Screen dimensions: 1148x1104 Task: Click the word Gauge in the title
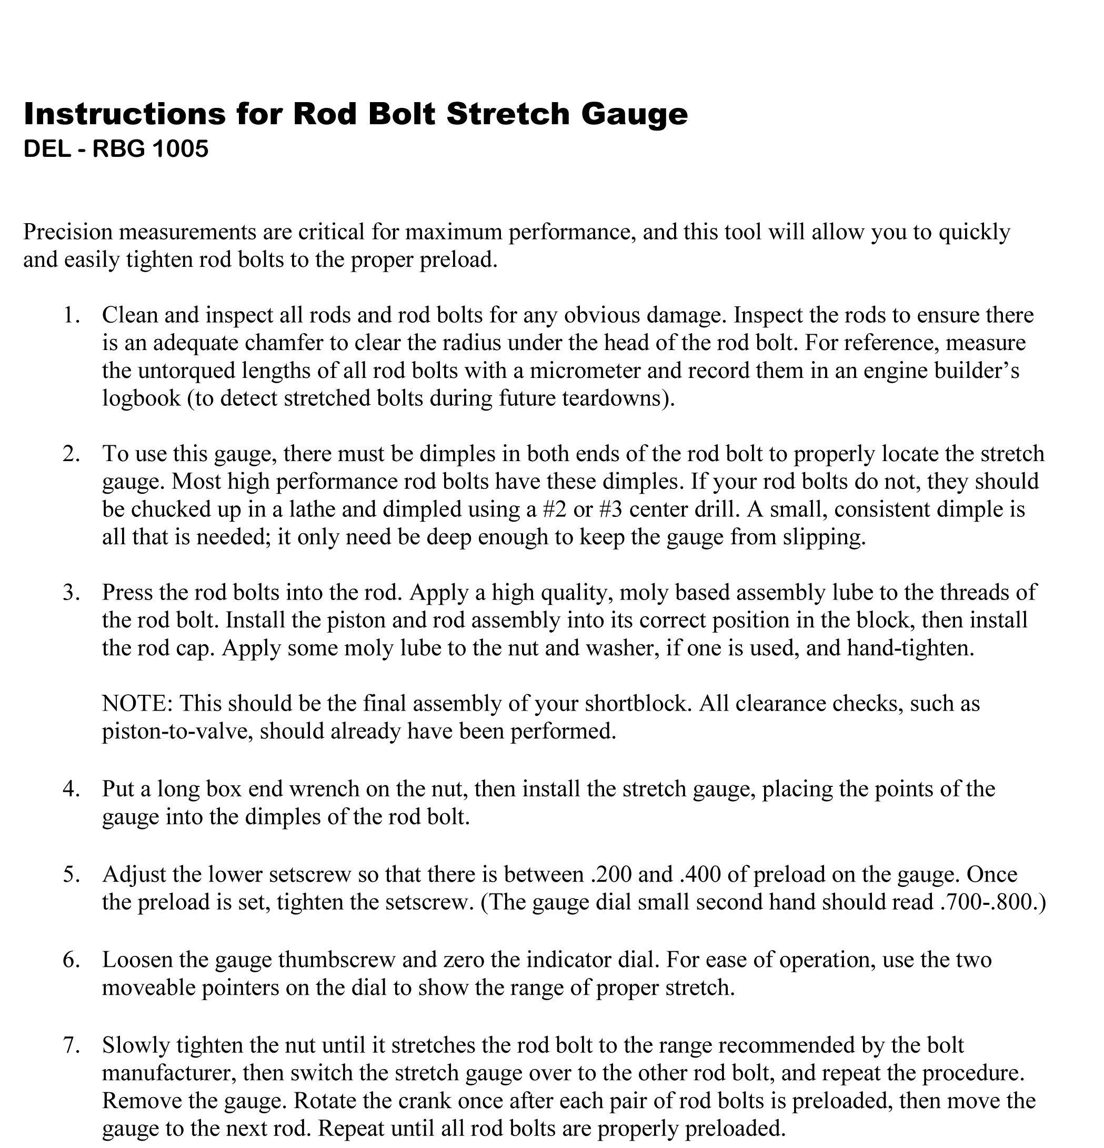tap(634, 115)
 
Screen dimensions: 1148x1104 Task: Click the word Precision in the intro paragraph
tap(67, 233)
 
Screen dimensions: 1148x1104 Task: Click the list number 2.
tap(71, 454)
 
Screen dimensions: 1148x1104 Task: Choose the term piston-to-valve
tap(176, 731)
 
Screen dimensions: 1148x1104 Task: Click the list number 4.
tap(71, 789)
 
